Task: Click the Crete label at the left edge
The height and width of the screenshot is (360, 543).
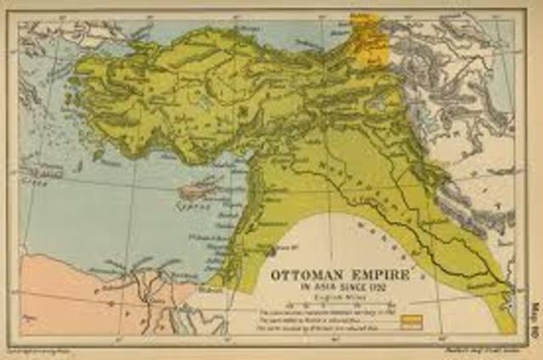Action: (34, 181)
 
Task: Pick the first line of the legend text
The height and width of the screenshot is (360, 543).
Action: (327, 313)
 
